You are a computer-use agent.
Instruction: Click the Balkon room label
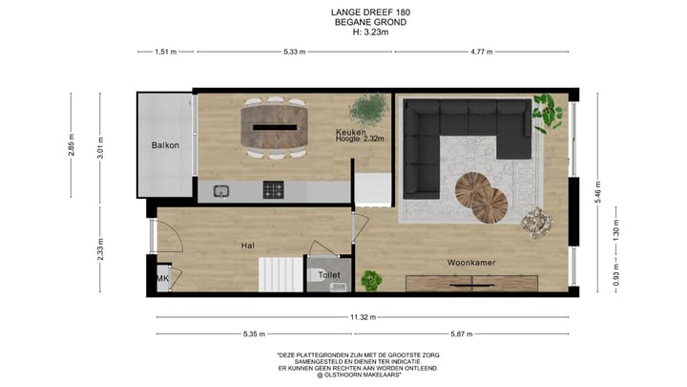click(x=166, y=145)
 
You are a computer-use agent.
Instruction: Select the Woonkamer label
click(x=470, y=261)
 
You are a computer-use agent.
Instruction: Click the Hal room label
click(x=247, y=246)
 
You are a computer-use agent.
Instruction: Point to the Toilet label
click(x=329, y=275)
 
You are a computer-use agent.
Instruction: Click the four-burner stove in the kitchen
click(x=275, y=189)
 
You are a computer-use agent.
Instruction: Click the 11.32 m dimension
click(x=362, y=316)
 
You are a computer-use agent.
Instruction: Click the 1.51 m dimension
click(x=166, y=53)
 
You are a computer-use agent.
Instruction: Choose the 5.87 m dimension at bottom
click(x=463, y=333)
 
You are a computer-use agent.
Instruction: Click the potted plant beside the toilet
click(x=371, y=279)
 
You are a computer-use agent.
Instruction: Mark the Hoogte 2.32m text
click(x=359, y=140)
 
